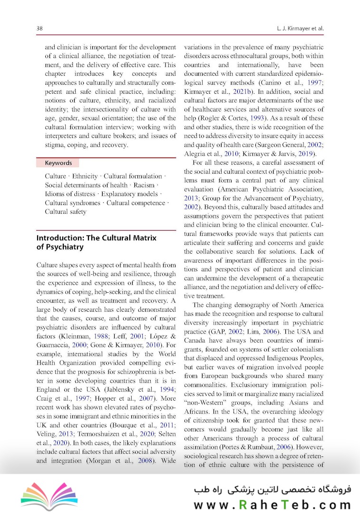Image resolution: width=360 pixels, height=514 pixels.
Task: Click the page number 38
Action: tap(40, 29)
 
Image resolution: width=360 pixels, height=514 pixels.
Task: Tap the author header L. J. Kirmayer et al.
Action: tap(300, 29)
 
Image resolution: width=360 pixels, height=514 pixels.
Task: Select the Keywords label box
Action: tap(58, 163)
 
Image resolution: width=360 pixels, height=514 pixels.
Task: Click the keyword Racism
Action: tap(144, 185)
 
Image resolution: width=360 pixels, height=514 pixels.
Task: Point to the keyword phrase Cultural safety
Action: tap(66, 211)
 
